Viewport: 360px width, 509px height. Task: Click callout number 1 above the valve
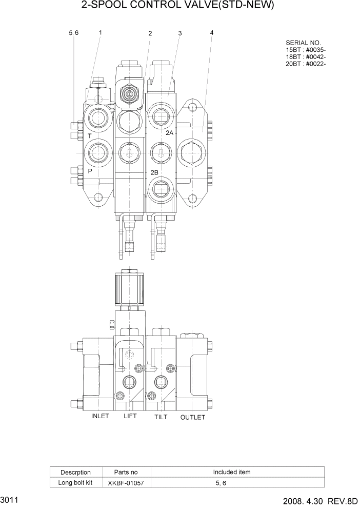pyautogui.click(x=100, y=32)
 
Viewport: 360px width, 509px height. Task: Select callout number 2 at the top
pyautogui.click(x=150, y=33)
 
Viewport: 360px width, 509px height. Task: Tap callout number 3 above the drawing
pyautogui.click(x=180, y=33)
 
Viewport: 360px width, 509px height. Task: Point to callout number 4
pyautogui.click(x=212, y=33)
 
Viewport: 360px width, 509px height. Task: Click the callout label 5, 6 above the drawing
pyautogui.click(x=73, y=33)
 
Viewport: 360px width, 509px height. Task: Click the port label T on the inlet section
pyautogui.click(x=89, y=136)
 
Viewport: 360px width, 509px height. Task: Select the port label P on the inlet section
pyautogui.click(x=90, y=171)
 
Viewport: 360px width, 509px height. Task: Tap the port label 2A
pyautogui.click(x=170, y=133)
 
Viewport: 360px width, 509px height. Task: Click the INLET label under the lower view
pyautogui.click(x=100, y=416)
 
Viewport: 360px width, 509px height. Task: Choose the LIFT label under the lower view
pyautogui.click(x=130, y=416)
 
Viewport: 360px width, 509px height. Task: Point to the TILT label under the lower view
pyautogui.click(x=161, y=417)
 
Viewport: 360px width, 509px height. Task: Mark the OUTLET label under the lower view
pyautogui.click(x=193, y=417)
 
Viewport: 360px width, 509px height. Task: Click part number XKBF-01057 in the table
pyautogui.click(x=123, y=483)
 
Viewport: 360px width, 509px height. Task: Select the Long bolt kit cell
pyautogui.click(x=75, y=483)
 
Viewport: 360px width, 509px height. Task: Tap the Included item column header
pyautogui.click(x=232, y=472)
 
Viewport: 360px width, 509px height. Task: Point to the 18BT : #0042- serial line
pyautogui.click(x=306, y=56)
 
